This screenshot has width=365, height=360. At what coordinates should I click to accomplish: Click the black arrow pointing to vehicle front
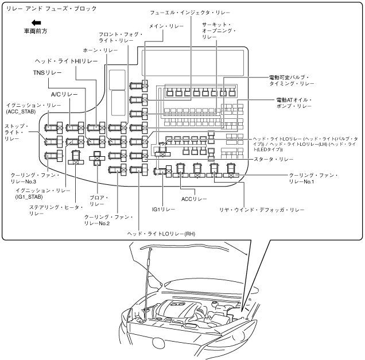[36, 23]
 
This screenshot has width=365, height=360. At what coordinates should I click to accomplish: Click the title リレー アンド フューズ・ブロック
[51, 9]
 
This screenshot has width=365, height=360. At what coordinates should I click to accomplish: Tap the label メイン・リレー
[166, 26]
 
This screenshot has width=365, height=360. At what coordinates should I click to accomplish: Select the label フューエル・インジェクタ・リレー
[190, 13]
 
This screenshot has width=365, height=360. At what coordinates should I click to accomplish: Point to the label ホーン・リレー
[100, 51]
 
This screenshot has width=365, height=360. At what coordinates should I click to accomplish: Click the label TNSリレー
[48, 73]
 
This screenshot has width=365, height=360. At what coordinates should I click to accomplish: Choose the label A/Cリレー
[64, 94]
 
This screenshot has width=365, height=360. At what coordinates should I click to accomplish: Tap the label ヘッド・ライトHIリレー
[67, 61]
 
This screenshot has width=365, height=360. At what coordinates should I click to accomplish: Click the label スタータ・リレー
[273, 159]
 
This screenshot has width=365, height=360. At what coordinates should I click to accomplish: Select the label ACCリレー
[194, 199]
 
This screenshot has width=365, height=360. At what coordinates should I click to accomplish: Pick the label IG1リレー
[164, 210]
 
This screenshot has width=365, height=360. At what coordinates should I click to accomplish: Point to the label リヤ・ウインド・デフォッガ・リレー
[262, 210]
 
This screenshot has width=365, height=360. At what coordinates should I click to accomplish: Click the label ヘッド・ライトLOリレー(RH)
[161, 234]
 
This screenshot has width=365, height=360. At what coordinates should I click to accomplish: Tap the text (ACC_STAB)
[21, 112]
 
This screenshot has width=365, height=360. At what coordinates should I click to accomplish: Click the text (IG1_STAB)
[29, 197]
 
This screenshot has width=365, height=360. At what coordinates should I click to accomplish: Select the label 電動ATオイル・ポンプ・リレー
[294, 103]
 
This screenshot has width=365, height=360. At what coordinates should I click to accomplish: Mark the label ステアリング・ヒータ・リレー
[56, 210]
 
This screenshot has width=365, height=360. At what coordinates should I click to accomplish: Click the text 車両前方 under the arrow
[36, 31]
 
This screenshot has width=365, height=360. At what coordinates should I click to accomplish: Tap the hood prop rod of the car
[148, 284]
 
